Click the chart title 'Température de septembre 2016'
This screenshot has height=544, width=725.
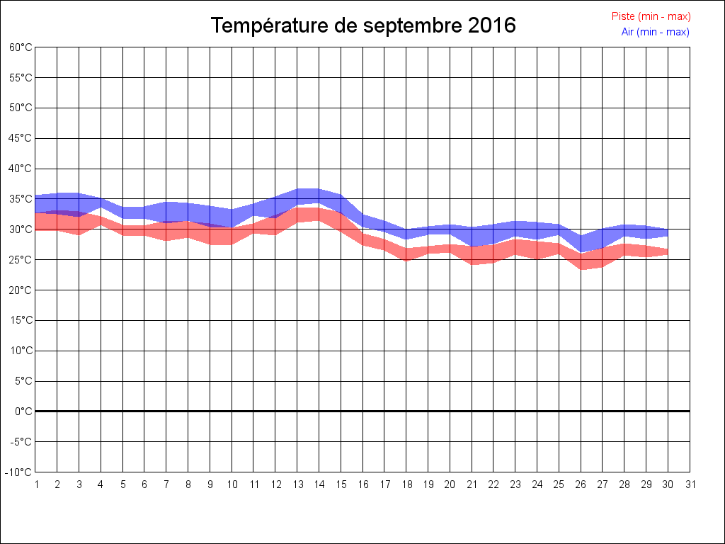pos(363,25)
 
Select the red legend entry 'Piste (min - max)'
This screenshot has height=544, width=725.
pos(651,16)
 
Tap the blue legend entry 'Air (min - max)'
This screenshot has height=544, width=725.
pos(655,32)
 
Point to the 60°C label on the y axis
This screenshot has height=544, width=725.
pos(21,47)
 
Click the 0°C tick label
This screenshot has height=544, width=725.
pos(23,412)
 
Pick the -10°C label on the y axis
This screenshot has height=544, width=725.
pos(19,472)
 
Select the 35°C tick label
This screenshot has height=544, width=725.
pos(21,199)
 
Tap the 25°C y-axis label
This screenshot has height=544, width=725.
pos(21,260)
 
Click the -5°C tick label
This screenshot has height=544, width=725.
pos(21,442)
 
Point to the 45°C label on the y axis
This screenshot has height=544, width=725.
pos(21,138)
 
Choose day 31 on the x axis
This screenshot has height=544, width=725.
pos(690,485)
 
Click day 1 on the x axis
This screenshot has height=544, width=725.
pos(35,485)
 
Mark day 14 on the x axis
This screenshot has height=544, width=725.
pos(319,485)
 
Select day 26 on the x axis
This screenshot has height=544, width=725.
pos(581,485)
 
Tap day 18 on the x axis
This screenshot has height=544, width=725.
pos(406,485)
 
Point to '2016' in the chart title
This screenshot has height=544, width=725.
pos(492,25)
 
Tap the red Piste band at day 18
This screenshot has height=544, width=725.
pos(406,254)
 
